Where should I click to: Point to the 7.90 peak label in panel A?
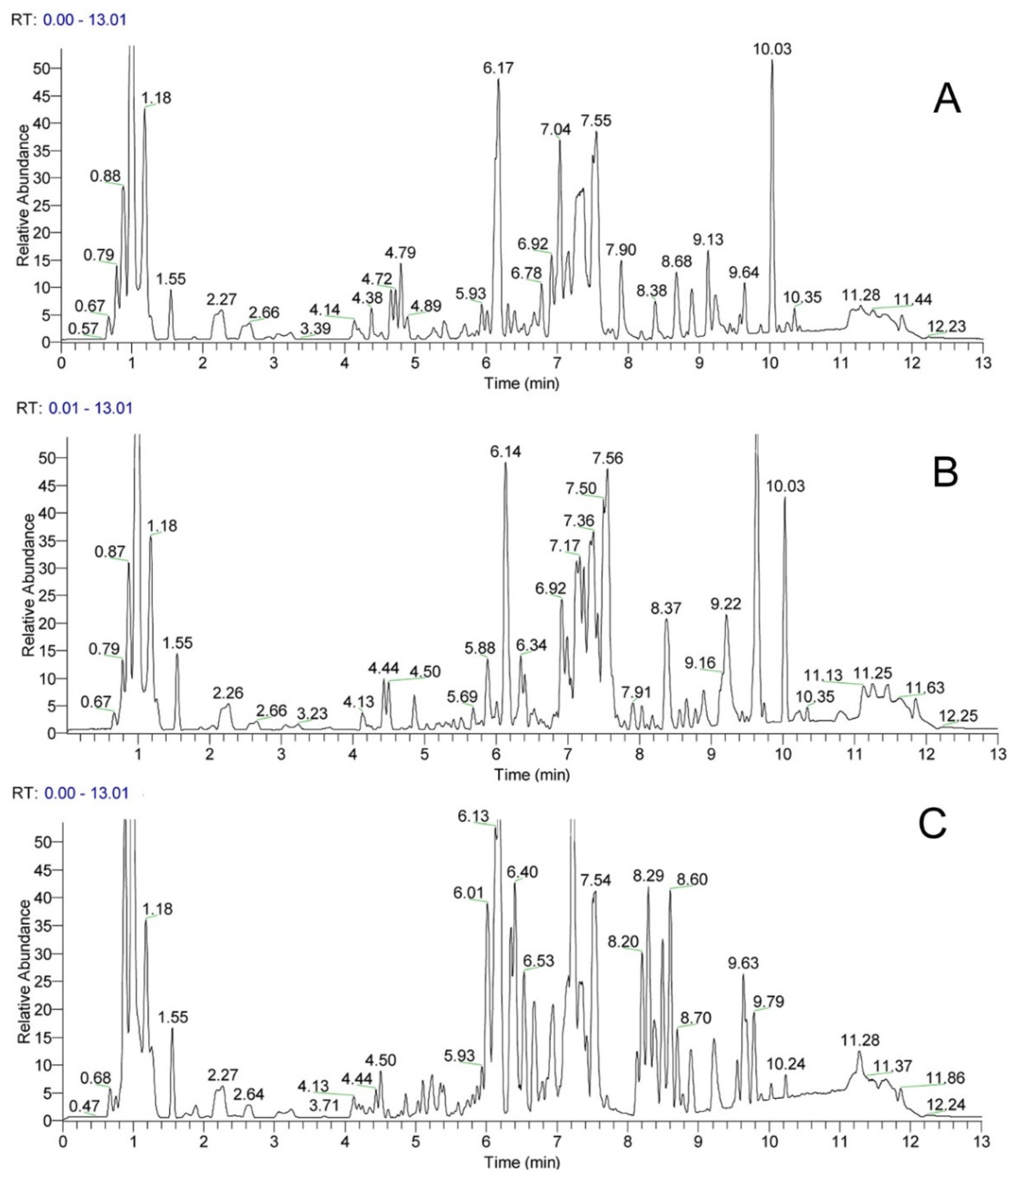621,250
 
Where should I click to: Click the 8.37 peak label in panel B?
666,608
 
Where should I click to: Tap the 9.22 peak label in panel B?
725,604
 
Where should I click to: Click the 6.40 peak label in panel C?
522,872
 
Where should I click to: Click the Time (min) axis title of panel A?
522,383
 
